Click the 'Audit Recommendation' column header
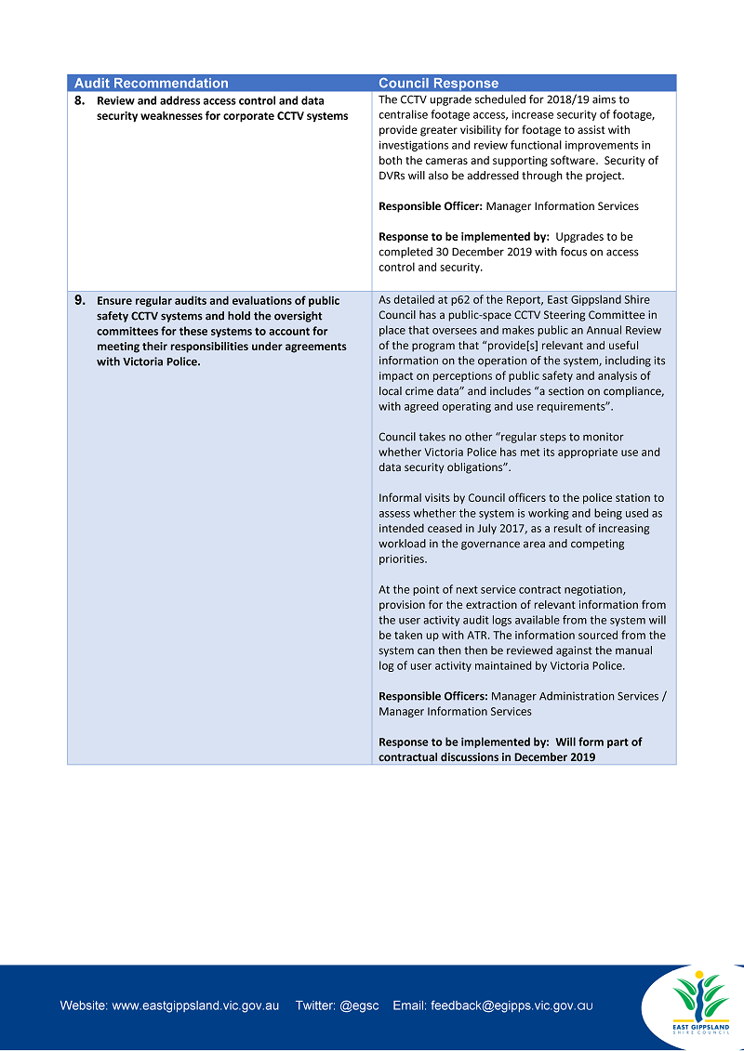151,84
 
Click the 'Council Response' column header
438,84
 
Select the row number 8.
80,100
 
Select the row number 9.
80,301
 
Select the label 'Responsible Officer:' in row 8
431,206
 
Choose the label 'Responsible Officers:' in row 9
433,696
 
